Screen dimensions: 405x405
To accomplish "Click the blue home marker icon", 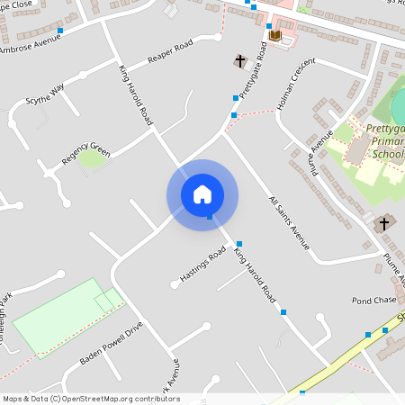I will coord(202,194).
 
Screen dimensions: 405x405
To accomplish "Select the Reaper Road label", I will coord(171,51).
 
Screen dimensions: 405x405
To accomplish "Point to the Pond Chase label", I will coord(373,300).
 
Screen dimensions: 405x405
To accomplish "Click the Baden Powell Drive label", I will coord(111,343).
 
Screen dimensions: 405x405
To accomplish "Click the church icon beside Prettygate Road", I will coord(240,61).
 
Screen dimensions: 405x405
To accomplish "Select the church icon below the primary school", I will coord(383,222).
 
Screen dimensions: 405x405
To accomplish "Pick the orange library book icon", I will coord(275,36).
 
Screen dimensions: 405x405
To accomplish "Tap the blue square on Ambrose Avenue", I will coord(60,31).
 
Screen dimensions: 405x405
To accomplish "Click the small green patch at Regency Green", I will coord(91,160).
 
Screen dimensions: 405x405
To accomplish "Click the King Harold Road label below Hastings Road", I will coord(255,274).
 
